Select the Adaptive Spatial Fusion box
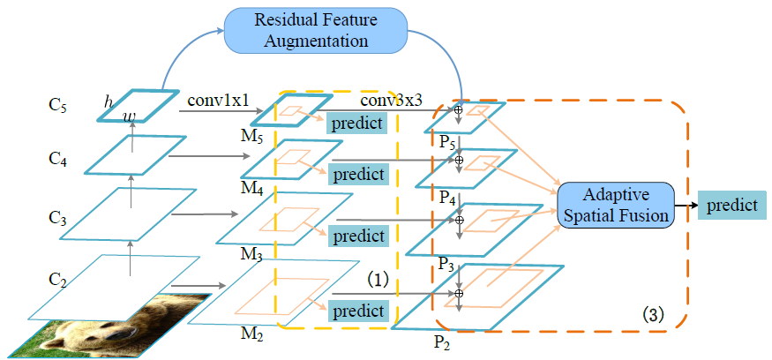coord(615,205)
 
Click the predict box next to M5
coord(360,123)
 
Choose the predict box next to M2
coord(359,311)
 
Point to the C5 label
coord(57,106)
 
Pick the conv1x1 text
coord(219,101)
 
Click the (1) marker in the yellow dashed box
coord(378,279)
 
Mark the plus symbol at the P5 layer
coord(458,110)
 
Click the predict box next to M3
coord(359,236)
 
